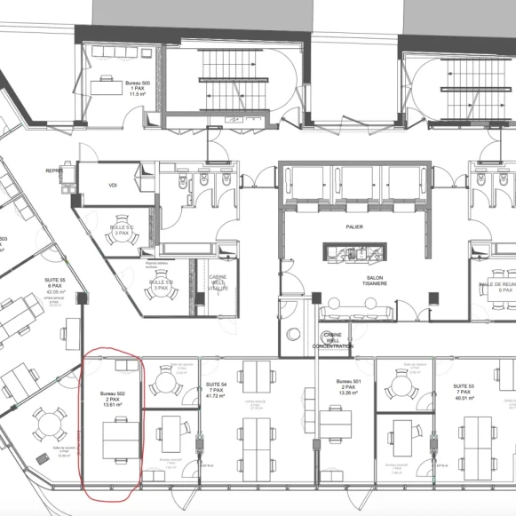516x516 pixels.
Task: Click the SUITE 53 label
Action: coord(463,387)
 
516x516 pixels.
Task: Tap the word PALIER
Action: coord(355,226)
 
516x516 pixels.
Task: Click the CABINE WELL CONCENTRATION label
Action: coord(332,340)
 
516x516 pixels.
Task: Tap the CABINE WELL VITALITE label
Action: coord(218,282)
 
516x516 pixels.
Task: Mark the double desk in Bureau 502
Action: coord(119,440)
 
